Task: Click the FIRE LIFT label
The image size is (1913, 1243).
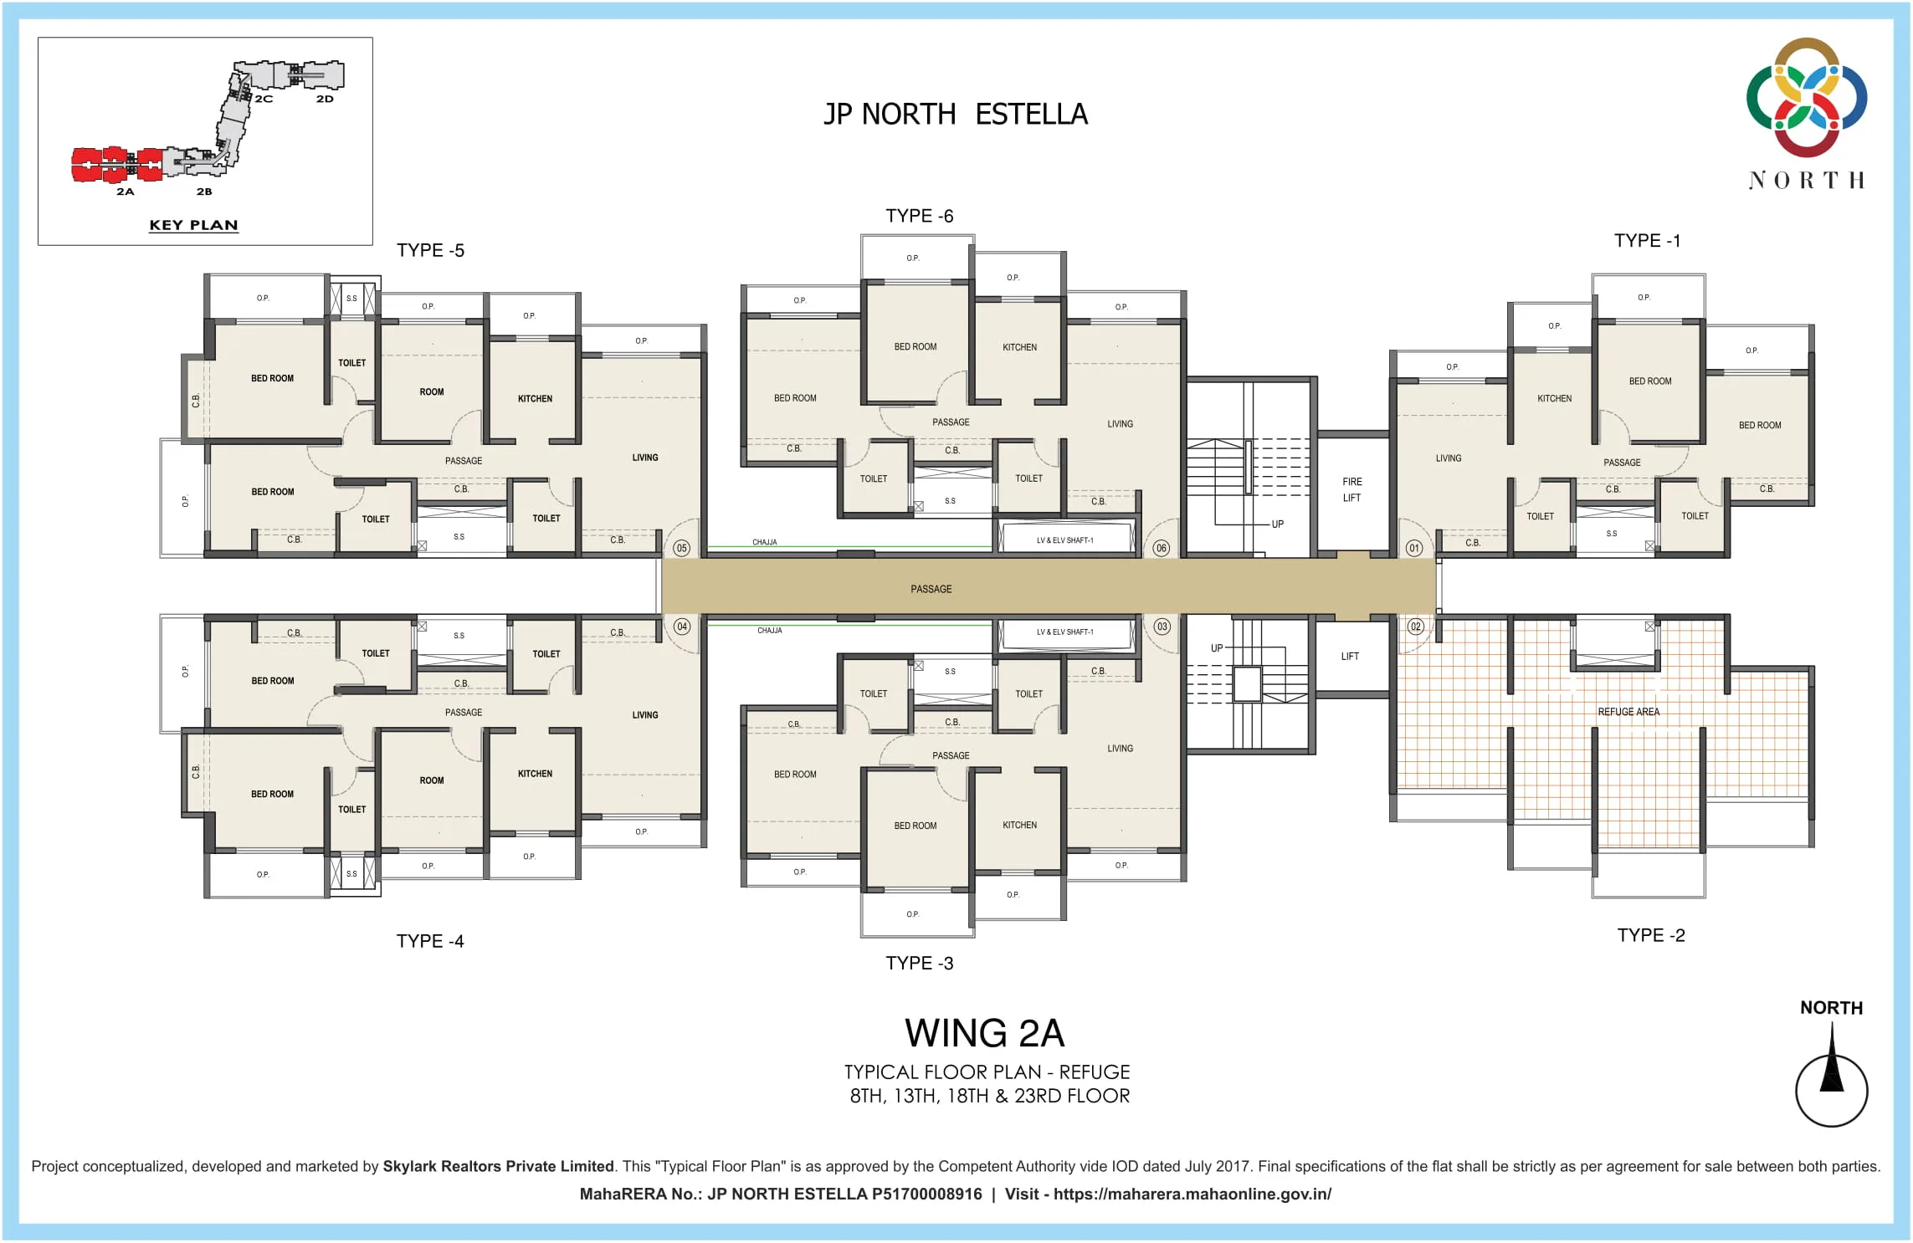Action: tap(1351, 489)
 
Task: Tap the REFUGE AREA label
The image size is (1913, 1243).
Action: tap(1628, 712)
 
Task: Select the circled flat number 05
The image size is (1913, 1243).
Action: tap(682, 549)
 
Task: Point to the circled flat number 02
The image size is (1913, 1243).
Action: tap(1415, 627)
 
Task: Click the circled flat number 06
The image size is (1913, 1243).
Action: tap(1161, 549)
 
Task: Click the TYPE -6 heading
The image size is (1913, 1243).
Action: tap(919, 216)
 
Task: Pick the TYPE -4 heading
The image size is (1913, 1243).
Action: tap(429, 941)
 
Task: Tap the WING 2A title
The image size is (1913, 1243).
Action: tap(984, 1033)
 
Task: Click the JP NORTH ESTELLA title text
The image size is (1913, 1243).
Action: tap(955, 114)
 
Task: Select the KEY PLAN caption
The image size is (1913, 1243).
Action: tap(193, 225)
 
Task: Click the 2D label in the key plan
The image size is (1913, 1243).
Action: tap(325, 99)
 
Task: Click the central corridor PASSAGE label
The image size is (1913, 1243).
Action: tap(931, 589)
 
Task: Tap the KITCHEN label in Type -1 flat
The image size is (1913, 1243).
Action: tap(1554, 398)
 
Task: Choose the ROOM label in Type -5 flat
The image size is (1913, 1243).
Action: tap(432, 391)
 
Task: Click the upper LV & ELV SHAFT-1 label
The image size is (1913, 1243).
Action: tap(1064, 540)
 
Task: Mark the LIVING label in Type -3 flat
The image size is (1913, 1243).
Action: tap(1120, 749)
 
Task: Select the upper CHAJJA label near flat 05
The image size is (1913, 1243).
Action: tap(764, 542)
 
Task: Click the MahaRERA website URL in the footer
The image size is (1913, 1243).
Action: tap(1192, 1194)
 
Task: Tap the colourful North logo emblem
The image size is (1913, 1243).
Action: tap(1806, 97)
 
